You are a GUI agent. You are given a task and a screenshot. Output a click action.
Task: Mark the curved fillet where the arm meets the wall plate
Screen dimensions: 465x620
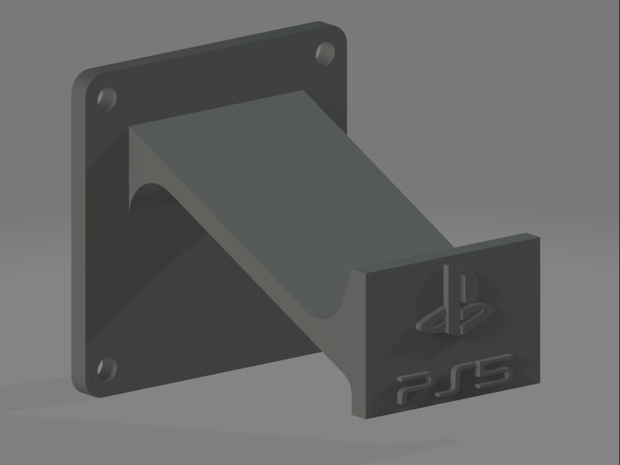click(144, 187)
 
